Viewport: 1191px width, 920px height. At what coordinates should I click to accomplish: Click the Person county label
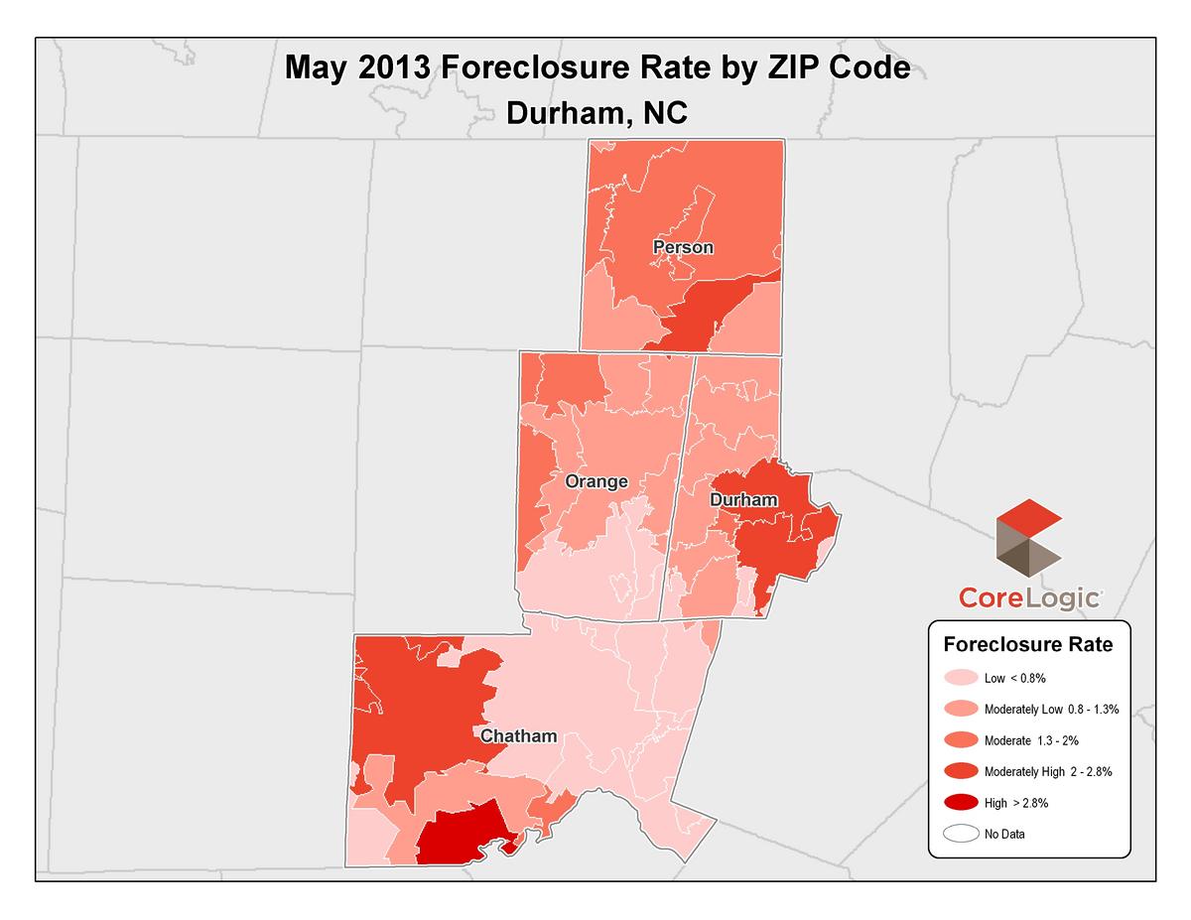[683, 247]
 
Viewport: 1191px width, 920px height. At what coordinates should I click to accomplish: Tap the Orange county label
[595, 482]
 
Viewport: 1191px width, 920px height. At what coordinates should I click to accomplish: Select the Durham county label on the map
[743, 500]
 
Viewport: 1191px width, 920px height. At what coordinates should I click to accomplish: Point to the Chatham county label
[518, 736]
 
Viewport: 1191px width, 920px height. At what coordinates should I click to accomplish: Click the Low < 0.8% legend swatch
[959, 679]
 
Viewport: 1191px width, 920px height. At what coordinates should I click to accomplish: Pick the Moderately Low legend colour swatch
[959, 710]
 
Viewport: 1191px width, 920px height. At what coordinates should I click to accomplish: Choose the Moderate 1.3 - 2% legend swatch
[959, 740]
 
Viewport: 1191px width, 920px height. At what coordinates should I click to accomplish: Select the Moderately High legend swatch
[959, 771]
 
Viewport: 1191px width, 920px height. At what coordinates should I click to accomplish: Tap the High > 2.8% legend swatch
[959, 802]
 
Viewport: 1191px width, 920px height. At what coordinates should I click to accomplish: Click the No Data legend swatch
[959, 834]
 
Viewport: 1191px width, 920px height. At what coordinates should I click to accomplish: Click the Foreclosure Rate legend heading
[1027, 644]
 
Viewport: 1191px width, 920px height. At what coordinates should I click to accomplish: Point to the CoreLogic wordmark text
[1029, 597]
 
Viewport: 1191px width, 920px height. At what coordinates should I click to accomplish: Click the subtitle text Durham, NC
[596, 113]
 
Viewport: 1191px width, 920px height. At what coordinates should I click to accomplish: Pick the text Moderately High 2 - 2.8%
[1054, 772]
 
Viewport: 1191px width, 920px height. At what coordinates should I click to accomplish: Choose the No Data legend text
[1004, 835]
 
